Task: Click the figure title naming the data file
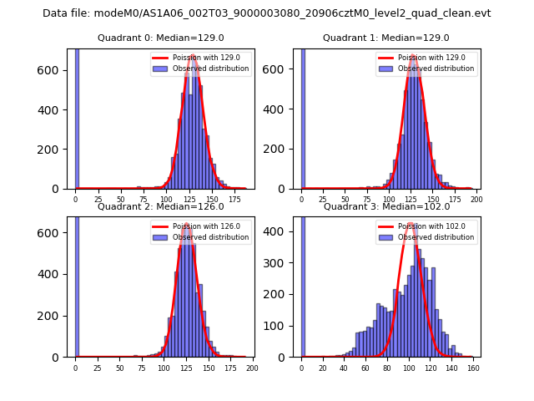point(267,13)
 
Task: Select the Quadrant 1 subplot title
point(386,38)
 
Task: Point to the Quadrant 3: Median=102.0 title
point(386,206)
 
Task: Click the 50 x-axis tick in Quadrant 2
point(119,368)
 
